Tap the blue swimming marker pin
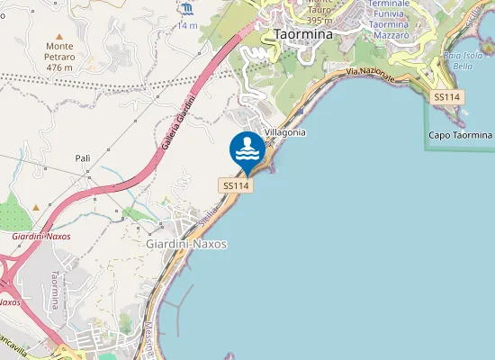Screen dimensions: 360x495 (246, 149)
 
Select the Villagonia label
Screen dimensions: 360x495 (284, 132)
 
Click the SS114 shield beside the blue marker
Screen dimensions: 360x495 (236, 184)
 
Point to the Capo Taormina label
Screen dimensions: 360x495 (461, 135)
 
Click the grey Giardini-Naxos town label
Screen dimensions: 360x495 (186, 244)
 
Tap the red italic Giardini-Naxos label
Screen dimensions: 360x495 (41, 236)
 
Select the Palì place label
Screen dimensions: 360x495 (83, 157)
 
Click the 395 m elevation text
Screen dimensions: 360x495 (320, 20)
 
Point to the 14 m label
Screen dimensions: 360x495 (187, 25)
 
